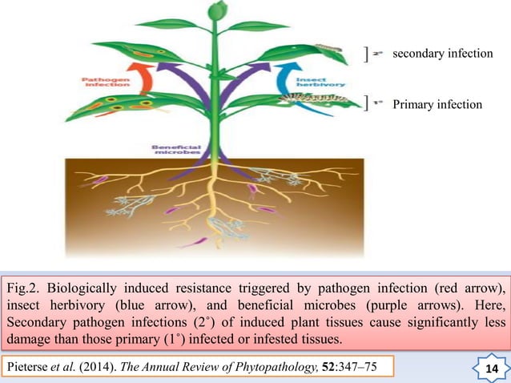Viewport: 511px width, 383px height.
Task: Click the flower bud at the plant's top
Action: (215, 10)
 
